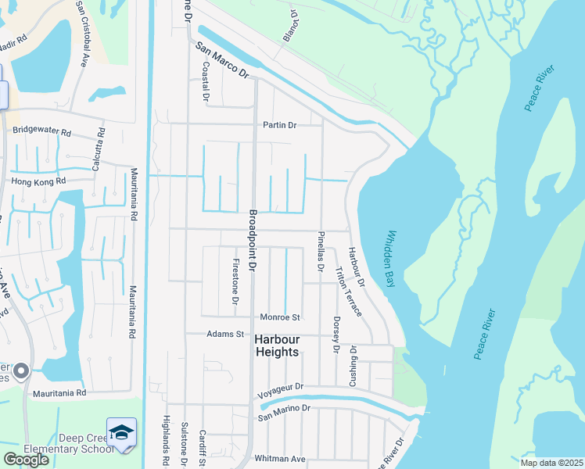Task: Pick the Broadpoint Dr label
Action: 252,241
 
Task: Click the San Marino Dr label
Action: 285,409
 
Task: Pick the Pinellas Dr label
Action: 321,251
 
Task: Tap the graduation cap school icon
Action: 122,432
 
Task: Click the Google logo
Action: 26,460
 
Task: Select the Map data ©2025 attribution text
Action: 551,463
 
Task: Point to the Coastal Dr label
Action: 206,84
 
